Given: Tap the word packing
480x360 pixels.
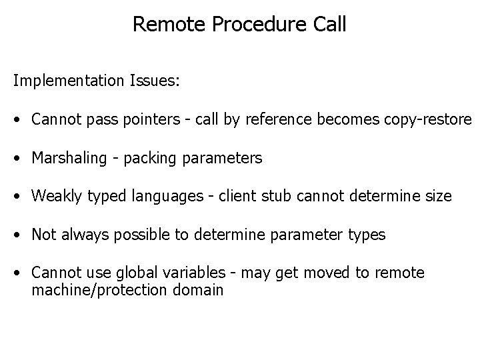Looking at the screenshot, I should click(145, 159).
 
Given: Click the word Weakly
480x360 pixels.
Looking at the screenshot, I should click(54, 197).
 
